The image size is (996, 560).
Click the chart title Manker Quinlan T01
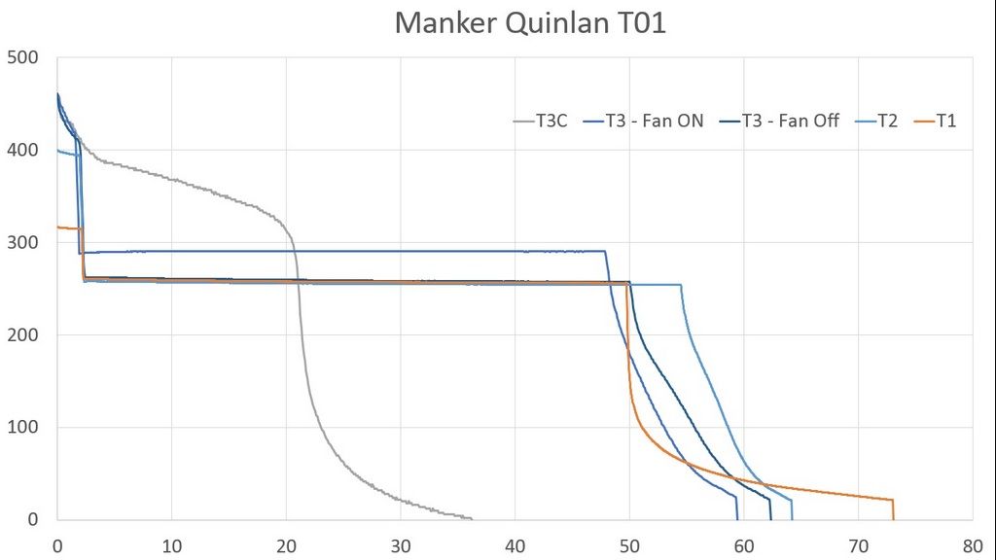coord(530,23)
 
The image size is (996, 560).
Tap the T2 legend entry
coord(886,122)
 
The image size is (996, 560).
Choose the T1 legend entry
coord(945,122)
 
